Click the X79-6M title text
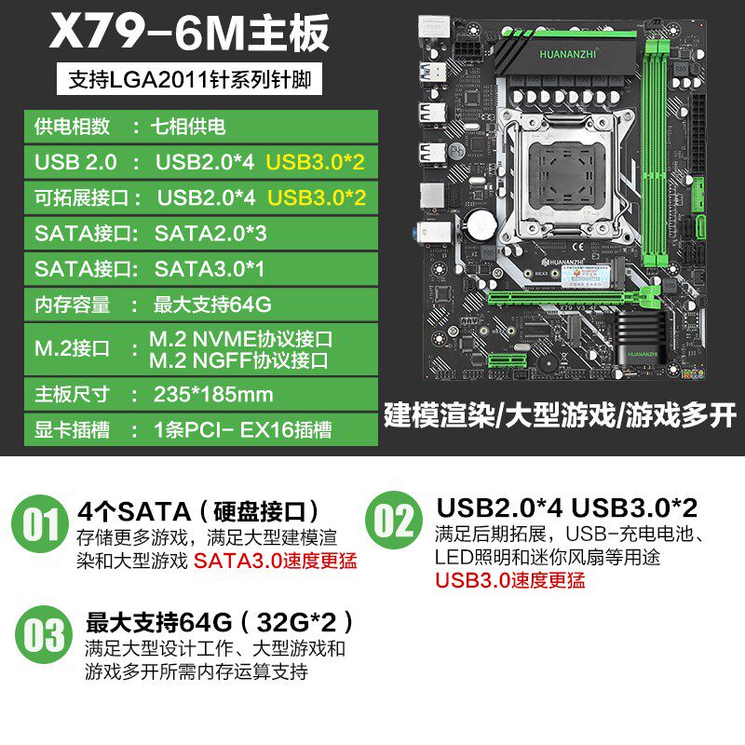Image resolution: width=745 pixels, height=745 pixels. click(189, 32)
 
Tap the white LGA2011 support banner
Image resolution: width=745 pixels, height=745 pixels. click(189, 79)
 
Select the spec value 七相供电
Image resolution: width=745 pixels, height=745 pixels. click(188, 127)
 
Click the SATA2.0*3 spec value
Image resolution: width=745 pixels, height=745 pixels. click(210, 234)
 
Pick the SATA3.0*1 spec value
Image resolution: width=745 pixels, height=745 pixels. click(209, 269)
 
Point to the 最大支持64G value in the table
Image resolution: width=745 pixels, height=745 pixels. click(212, 305)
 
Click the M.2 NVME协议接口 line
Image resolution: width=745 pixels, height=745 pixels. click(240, 339)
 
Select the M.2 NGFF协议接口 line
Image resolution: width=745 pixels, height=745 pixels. click(238, 360)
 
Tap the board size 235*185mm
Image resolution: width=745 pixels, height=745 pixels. click(213, 394)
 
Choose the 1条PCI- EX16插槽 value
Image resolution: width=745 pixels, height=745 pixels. click(242, 430)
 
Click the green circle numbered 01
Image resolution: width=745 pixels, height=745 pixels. click(40, 523)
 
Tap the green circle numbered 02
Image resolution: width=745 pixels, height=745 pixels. click(394, 521)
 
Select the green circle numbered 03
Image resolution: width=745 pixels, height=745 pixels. click(44, 635)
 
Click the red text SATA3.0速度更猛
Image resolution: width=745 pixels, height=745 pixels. click(275, 561)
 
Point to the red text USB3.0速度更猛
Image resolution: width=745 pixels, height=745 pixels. click(509, 580)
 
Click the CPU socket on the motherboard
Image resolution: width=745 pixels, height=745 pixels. click(566, 175)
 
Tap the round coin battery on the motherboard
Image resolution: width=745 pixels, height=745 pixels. click(481, 223)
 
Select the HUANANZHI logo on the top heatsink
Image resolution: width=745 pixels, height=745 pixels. click(567, 54)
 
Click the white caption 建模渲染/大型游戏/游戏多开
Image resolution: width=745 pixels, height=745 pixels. click(561, 415)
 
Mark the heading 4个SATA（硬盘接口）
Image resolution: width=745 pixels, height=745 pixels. click(198, 511)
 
